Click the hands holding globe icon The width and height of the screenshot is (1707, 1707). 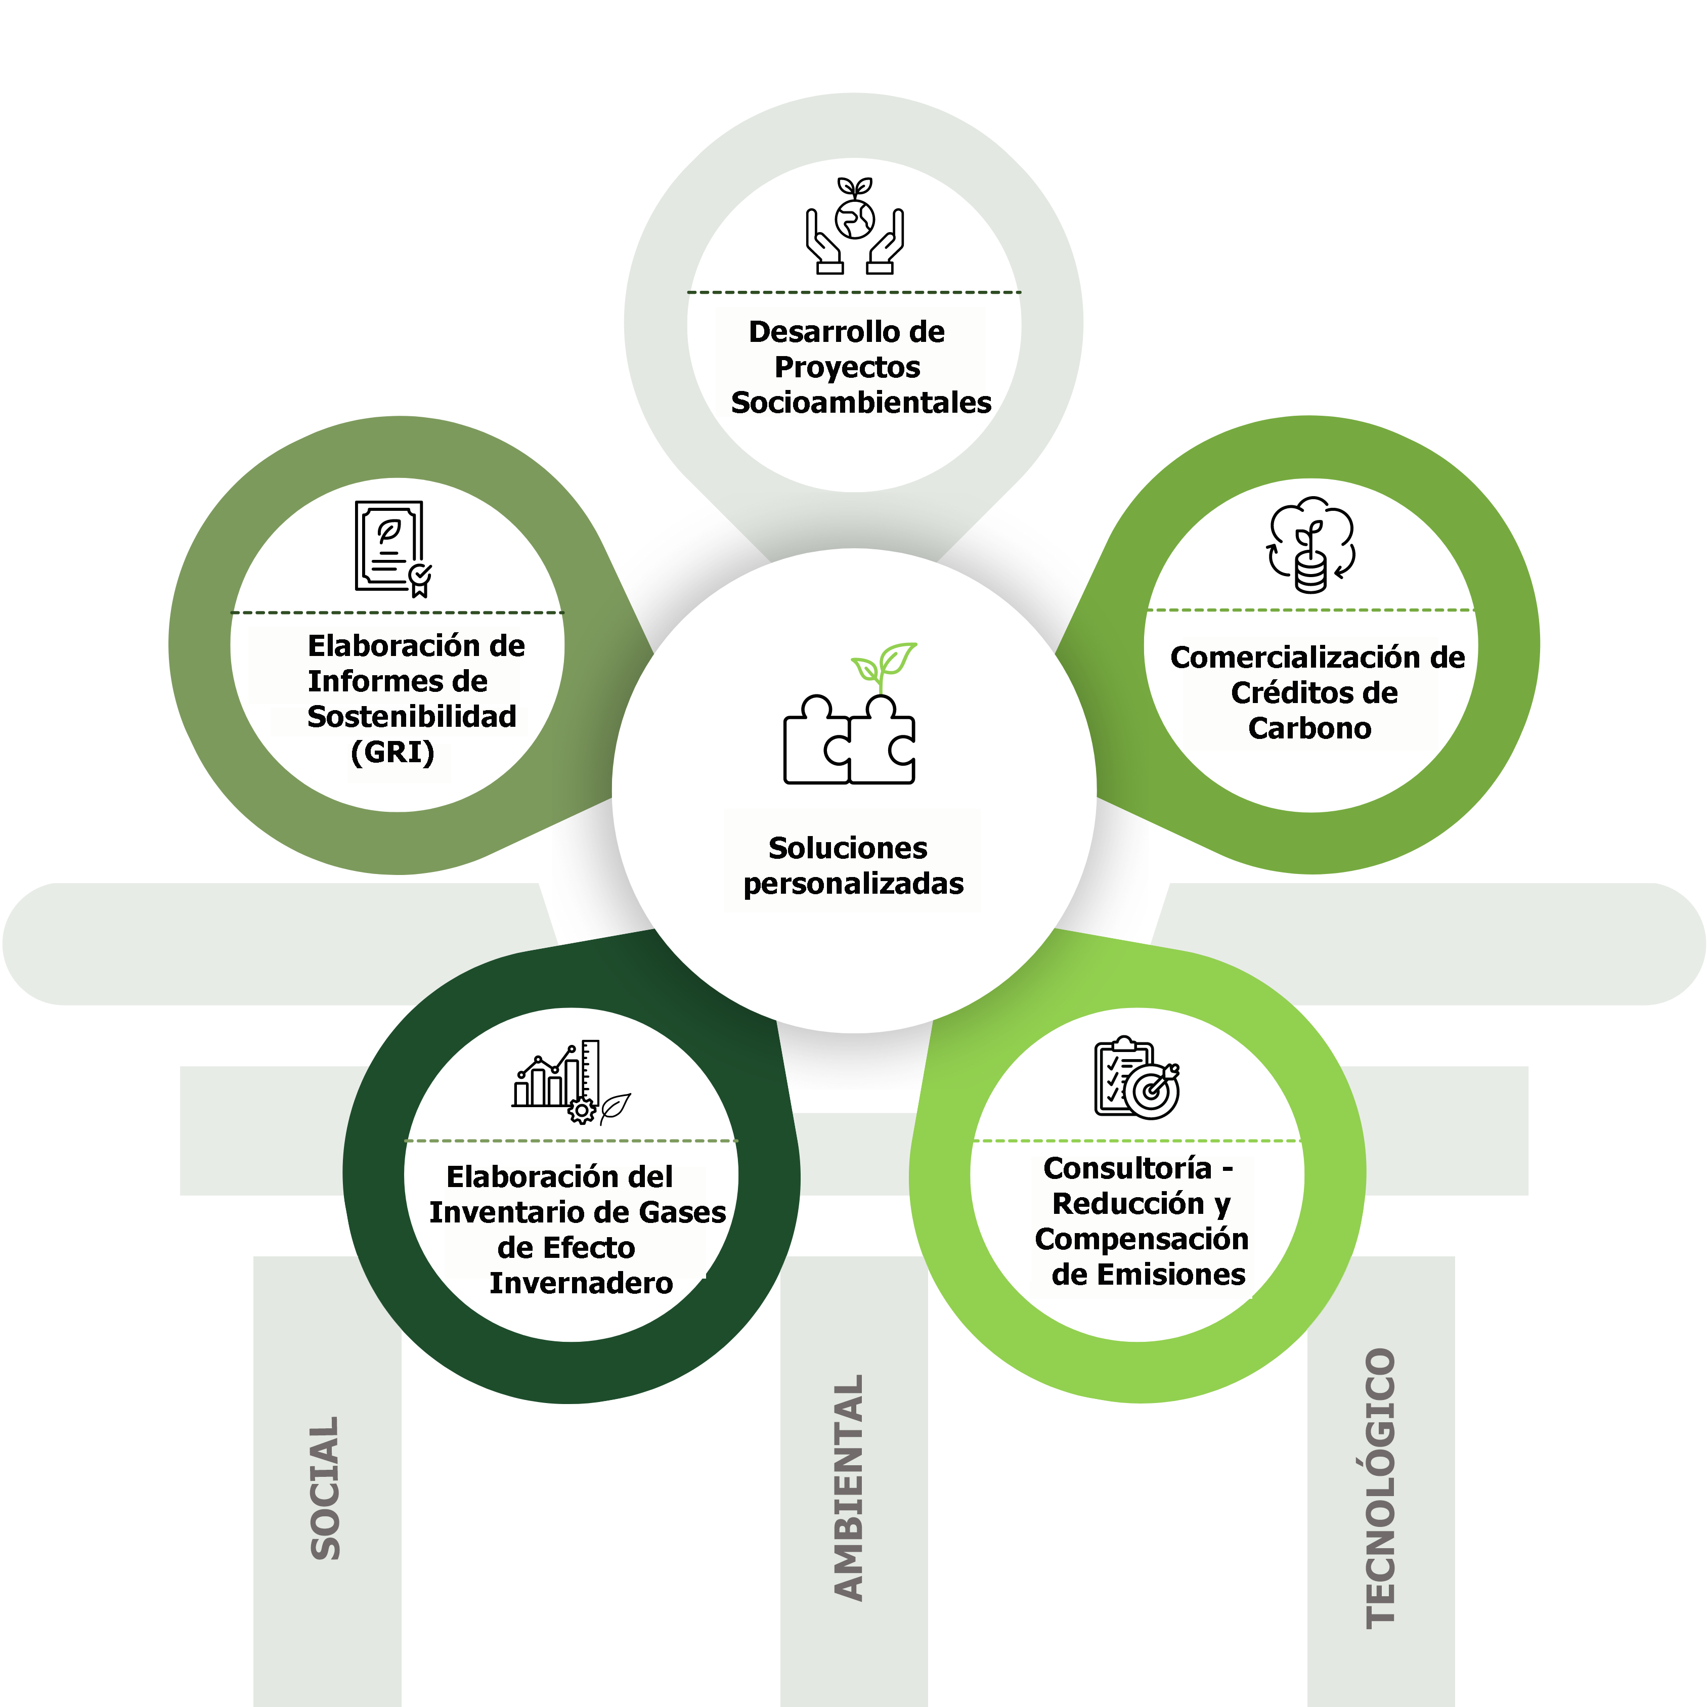point(854,226)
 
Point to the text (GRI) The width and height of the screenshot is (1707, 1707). point(392,752)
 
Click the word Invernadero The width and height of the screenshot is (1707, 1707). point(581,1283)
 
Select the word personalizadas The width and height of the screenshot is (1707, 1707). point(854,884)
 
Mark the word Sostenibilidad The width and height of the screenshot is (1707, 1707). point(412,717)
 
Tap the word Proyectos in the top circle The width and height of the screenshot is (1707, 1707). point(847,368)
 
